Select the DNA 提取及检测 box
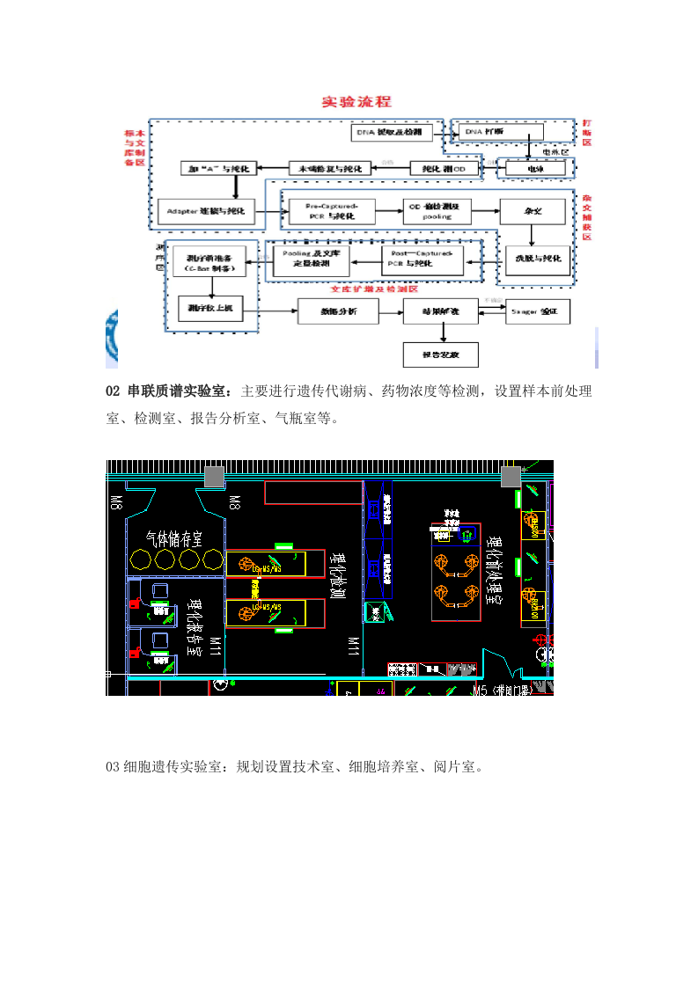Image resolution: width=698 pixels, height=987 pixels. pos(388,133)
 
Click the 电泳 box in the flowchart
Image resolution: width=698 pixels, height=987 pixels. pos(533,167)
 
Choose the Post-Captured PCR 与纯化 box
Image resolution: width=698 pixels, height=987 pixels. pos(422,260)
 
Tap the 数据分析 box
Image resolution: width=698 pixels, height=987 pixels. pos(338,311)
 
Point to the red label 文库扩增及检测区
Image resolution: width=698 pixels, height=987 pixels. pos(373,288)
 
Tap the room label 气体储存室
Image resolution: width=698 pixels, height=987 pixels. pos(174,537)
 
